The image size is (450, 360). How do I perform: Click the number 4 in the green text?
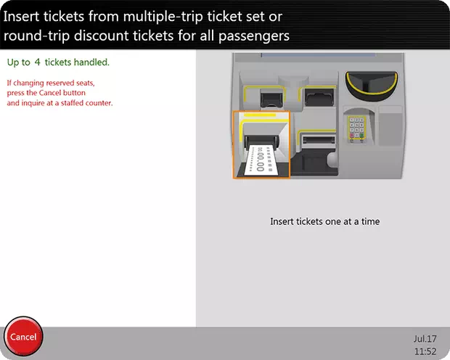tap(37, 62)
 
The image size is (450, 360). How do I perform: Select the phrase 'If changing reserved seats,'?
tap(51, 83)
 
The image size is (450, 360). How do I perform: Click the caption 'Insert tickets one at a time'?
tap(324, 221)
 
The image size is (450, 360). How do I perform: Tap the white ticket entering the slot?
tap(263, 160)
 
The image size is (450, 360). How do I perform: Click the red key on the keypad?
tap(352, 134)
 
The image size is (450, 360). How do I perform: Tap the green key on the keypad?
tap(362, 134)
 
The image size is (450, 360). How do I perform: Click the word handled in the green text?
tap(91, 62)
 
